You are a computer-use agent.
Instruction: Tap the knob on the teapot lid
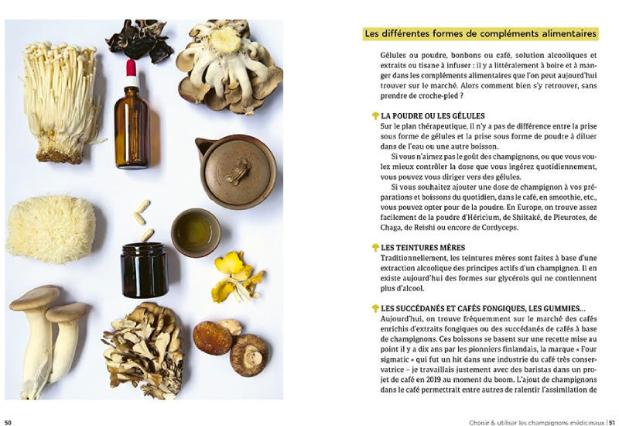point(238,171)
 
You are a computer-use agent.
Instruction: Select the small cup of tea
point(196,232)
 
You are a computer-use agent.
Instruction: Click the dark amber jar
point(145,270)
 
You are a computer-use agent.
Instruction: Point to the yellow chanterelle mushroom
point(237,277)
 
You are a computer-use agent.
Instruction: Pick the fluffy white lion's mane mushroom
point(51,229)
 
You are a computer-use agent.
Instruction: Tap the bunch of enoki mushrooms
point(60,103)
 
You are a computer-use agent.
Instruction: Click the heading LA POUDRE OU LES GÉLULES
point(433,116)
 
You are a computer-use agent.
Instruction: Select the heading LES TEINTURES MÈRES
point(422,248)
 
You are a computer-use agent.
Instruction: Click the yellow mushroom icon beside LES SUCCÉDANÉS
point(375,308)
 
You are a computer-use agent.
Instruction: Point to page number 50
point(9,422)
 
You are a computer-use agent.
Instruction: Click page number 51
point(611,422)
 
